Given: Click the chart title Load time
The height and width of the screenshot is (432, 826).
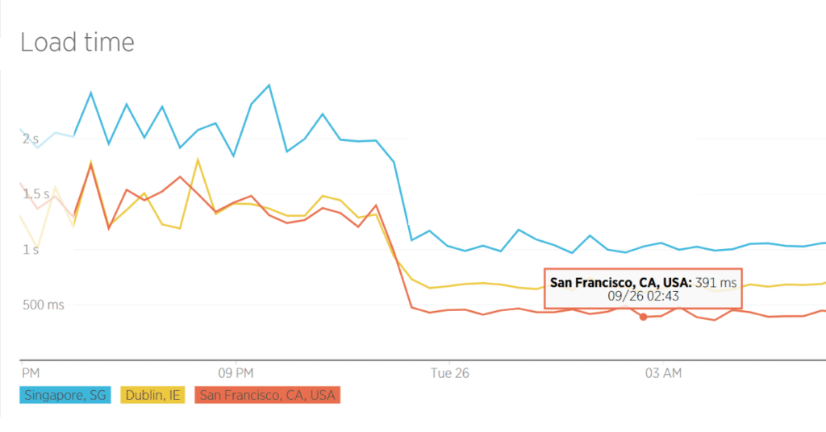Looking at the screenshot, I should (77, 42).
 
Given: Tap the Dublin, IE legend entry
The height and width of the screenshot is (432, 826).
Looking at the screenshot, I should (153, 395).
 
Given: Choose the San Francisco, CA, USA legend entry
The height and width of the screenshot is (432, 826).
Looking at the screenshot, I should (267, 395).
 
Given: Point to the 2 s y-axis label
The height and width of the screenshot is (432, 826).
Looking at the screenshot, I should (31, 139).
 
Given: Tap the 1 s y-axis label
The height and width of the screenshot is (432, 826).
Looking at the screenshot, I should (31, 250).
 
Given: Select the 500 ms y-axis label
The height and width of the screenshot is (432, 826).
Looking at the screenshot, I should (42, 305).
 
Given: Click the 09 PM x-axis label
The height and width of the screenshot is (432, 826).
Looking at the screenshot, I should (236, 373).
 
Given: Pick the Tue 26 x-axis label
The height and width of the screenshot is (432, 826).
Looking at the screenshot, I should (449, 373).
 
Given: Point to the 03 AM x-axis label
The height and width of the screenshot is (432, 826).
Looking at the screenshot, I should (664, 373).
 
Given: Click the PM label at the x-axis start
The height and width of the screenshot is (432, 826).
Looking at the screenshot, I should (31, 373).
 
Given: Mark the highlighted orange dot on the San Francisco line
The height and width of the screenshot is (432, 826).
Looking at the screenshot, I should (643, 317).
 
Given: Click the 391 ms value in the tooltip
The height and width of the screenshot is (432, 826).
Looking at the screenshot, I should (717, 283).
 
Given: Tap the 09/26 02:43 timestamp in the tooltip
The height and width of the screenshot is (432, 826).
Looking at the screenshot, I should (643, 297).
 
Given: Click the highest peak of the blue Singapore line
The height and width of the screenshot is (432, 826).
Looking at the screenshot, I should (269, 85).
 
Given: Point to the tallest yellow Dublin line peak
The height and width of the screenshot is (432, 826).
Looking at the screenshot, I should (198, 160).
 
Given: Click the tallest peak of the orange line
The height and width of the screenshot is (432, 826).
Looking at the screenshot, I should (90, 164).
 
